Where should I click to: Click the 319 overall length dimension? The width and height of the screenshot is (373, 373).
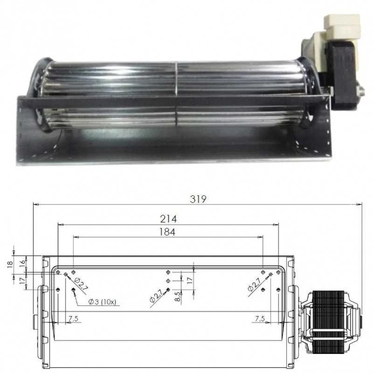(198, 198)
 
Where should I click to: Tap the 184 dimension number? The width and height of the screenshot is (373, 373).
(167, 232)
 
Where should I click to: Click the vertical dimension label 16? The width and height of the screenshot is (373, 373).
(22, 263)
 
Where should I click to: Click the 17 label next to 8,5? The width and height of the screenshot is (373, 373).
(189, 281)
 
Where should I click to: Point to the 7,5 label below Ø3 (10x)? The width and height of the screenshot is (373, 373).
(73, 319)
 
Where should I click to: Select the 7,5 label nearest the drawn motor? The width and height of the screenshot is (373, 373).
(260, 319)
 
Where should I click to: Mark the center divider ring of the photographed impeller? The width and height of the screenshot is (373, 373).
(176, 93)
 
